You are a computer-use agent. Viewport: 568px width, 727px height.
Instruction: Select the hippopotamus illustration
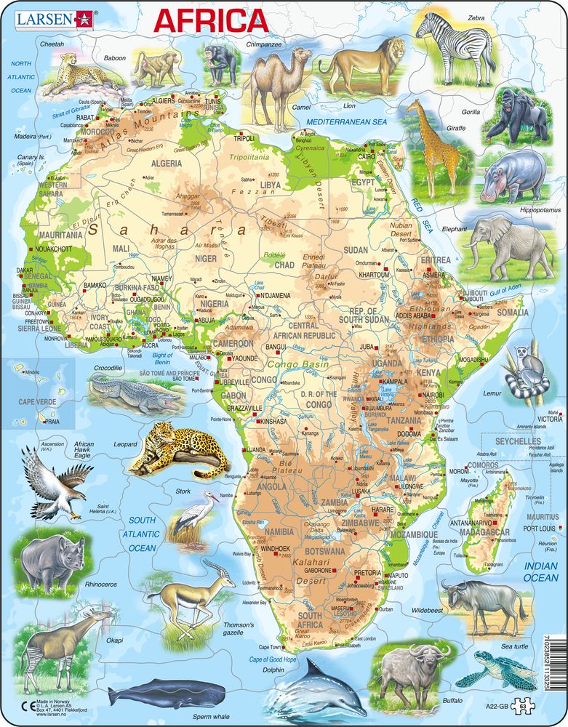pyautogui.click(x=511, y=177)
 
